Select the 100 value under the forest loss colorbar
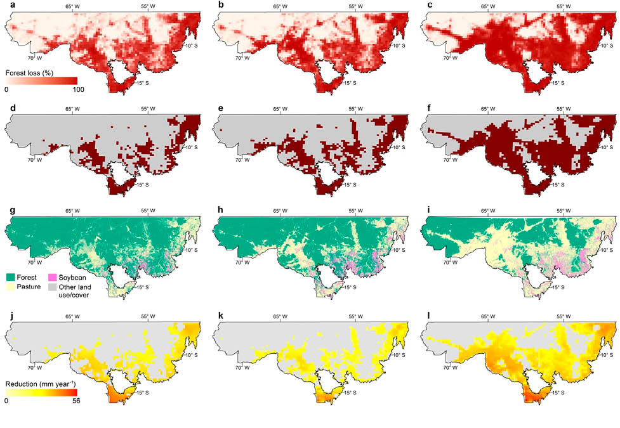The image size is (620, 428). point(77,89)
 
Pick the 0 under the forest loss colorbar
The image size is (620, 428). point(6,89)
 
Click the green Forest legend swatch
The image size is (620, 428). point(11,276)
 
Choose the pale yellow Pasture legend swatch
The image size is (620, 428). point(11,287)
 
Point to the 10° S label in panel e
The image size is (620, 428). point(399,147)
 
